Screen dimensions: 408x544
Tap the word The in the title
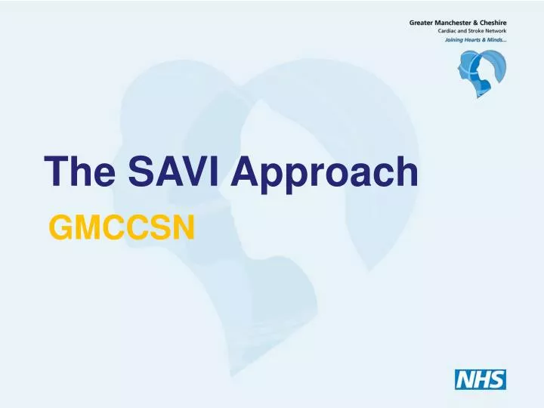coord(76,172)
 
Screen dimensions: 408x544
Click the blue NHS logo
coord(480,379)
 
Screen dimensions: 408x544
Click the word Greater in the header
coord(424,23)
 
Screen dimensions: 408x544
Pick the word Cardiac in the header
coord(451,32)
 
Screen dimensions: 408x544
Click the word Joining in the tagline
coord(457,41)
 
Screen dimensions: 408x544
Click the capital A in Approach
coord(246,172)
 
